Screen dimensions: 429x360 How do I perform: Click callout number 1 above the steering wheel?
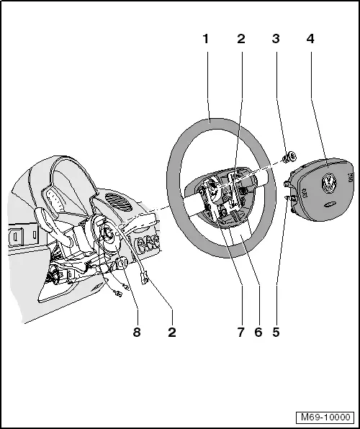point(205,39)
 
